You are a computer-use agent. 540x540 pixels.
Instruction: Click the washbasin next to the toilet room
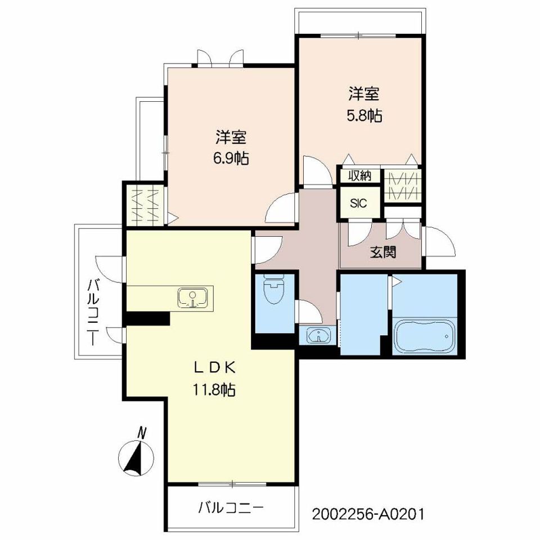[x=319, y=336]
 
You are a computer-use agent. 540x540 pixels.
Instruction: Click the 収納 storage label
[x=359, y=175]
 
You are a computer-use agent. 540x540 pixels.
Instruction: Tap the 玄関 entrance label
[x=382, y=252]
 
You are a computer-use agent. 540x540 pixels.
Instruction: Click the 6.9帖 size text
[x=230, y=159]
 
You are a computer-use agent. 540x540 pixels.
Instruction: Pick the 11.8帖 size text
[x=216, y=389]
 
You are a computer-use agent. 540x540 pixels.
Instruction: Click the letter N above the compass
[x=142, y=433]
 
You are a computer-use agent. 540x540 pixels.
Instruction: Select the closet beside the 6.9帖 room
[x=145, y=205]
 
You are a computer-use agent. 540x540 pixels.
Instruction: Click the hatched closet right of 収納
[x=402, y=186]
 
